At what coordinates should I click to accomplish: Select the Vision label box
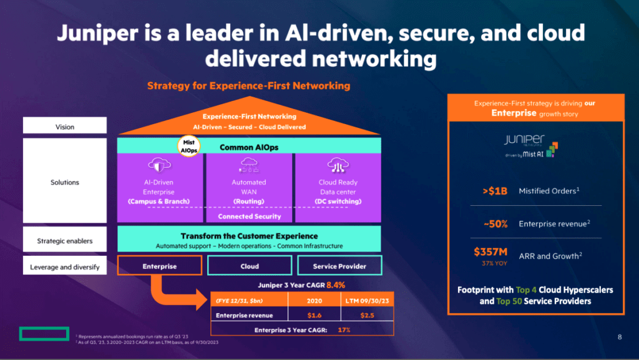[65, 127]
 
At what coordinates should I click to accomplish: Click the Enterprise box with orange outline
[159, 266]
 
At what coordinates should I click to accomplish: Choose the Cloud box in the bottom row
[250, 266]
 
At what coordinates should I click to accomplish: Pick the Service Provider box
[339, 266]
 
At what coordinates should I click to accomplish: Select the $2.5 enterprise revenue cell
[368, 316]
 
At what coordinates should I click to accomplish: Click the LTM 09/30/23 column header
[368, 300]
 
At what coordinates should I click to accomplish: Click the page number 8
[620, 338]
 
